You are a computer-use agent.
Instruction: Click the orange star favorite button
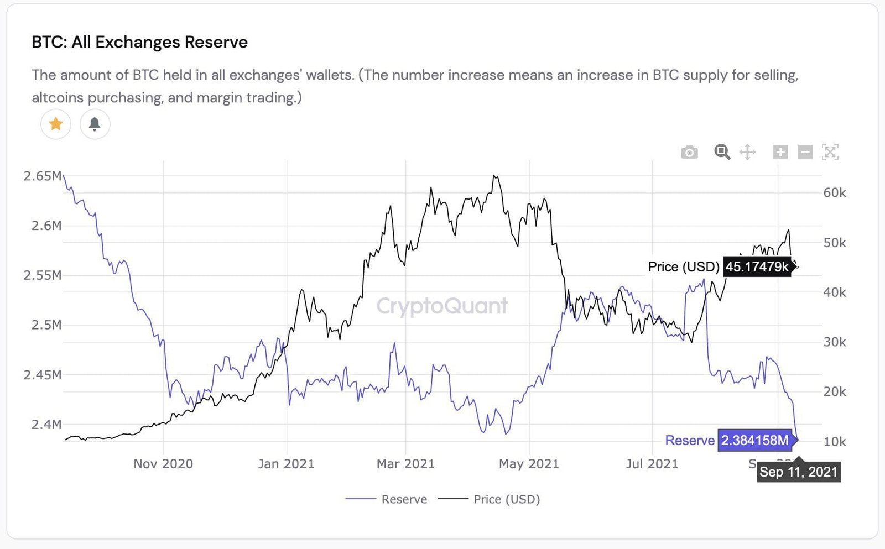(56, 124)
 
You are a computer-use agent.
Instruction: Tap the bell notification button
(95, 124)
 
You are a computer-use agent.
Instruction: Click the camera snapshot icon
(689, 152)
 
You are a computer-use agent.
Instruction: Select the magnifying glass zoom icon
(722, 152)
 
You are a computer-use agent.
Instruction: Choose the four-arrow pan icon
(747, 152)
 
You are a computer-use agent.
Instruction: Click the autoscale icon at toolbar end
(830, 152)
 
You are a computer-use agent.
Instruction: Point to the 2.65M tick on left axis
(43, 176)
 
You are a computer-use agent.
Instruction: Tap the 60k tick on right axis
(834, 193)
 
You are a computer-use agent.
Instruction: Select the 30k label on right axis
(834, 342)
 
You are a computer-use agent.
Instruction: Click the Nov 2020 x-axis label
(163, 464)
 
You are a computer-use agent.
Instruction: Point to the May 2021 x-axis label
(529, 464)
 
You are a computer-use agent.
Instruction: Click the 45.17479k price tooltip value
(757, 267)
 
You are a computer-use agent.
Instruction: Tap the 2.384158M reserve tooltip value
(754, 441)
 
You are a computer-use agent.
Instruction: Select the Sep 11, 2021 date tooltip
(798, 472)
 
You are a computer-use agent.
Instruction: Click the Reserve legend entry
(387, 499)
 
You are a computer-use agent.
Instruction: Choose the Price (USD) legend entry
(490, 499)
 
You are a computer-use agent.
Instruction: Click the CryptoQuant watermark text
(442, 306)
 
